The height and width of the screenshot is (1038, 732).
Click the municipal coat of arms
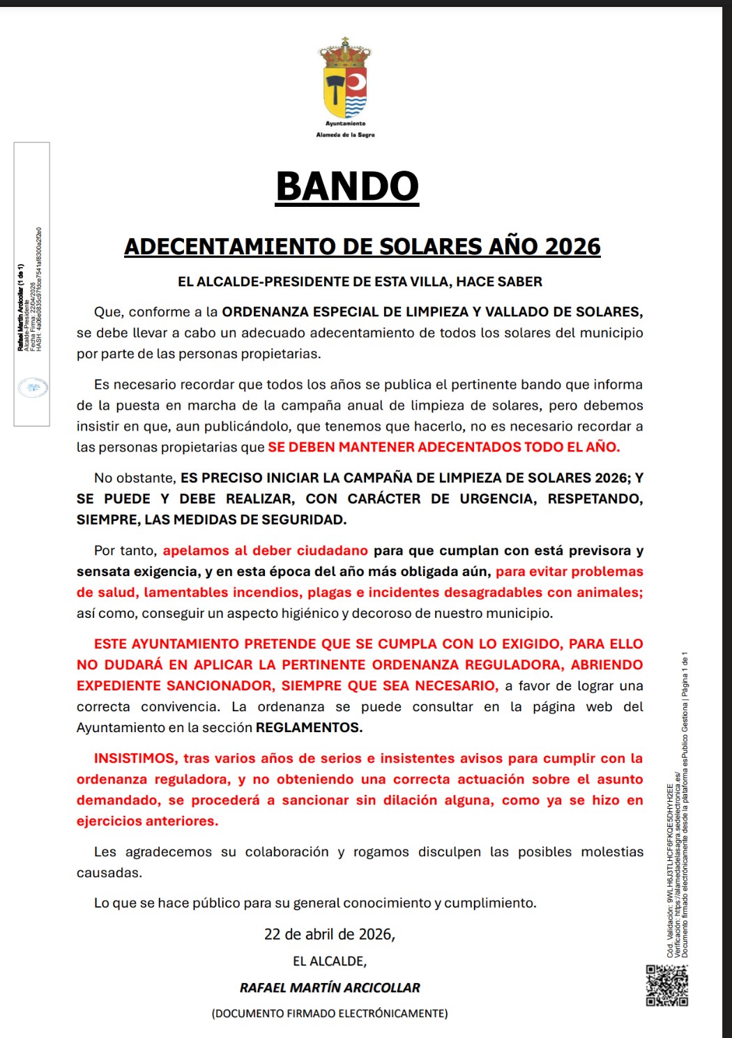[x=346, y=78]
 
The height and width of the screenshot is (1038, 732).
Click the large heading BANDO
[x=347, y=187]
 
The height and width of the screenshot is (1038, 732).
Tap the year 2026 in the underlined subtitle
[x=572, y=247]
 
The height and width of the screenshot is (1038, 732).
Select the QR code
[x=666, y=985]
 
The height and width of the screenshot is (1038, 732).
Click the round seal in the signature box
[x=33, y=387]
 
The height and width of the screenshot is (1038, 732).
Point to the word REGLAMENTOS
[x=309, y=727]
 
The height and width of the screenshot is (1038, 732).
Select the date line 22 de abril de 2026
[x=329, y=934]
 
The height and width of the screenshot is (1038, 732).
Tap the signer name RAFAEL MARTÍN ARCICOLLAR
[x=330, y=988]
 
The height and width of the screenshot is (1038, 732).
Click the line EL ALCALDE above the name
[x=329, y=961]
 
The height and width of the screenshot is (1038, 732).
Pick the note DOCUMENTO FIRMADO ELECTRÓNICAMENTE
[x=330, y=1014]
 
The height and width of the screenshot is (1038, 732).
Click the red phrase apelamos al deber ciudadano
[x=265, y=550]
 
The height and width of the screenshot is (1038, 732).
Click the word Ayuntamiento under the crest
[x=346, y=123]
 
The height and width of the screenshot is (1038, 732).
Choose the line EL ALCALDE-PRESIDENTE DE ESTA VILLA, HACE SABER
[x=360, y=281]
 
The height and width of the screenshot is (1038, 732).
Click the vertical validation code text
[x=670, y=871]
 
